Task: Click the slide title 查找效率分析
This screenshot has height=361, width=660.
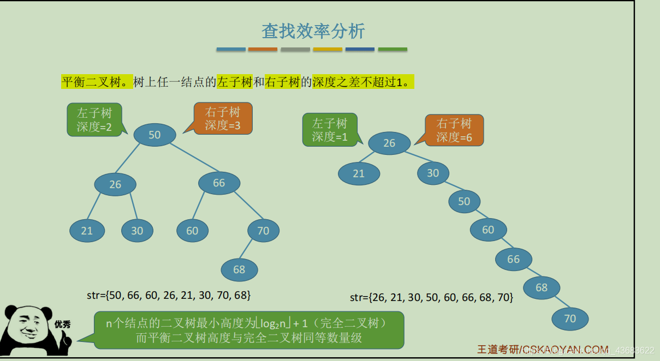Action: click(313, 31)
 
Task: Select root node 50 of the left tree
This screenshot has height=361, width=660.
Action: click(154, 135)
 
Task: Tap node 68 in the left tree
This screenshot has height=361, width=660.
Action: click(239, 269)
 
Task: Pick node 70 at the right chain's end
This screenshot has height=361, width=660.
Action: click(570, 318)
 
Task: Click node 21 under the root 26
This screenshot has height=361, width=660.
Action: click(359, 173)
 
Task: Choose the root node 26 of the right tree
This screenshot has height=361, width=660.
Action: click(389, 143)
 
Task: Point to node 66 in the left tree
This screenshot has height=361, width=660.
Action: click(219, 183)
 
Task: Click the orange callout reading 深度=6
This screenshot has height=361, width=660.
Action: click(454, 130)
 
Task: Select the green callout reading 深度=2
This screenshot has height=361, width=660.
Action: click(94, 120)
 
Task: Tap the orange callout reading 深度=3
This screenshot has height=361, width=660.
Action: click(223, 119)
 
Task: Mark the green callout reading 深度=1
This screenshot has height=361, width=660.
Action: click(330, 130)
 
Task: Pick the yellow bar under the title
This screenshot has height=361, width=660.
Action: click(328, 50)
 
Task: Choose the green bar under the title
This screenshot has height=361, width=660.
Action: click(393, 50)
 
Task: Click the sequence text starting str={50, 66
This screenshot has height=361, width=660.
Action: click(169, 295)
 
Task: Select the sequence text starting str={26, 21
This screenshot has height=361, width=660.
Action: click(431, 298)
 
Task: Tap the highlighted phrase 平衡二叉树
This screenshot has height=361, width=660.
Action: click(97, 82)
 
